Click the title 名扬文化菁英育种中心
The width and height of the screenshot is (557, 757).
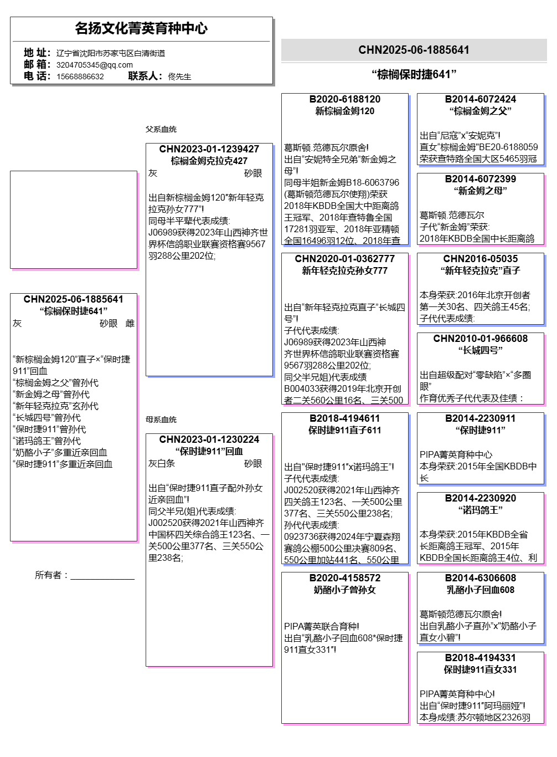click(x=141, y=28)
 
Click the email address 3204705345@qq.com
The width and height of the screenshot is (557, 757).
click(x=94, y=65)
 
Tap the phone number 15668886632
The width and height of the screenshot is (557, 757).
click(x=80, y=76)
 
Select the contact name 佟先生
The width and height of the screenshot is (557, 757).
click(x=179, y=76)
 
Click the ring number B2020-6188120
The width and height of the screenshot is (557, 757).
click(x=344, y=99)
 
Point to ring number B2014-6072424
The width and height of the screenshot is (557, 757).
click(x=480, y=99)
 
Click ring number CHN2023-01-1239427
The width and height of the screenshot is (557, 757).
click(x=209, y=149)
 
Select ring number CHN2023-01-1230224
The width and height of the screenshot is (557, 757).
click(x=209, y=439)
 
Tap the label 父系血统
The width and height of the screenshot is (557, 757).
click(x=161, y=129)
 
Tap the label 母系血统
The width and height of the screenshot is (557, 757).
click(x=161, y=420)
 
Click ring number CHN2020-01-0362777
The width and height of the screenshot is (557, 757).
click(x=344, y=259)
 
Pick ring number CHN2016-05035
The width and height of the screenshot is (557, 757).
click(x=480, y=259)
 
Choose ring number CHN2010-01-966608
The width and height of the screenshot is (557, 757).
click(x=480, y=339)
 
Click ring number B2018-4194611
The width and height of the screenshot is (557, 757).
click(x=344, y=418)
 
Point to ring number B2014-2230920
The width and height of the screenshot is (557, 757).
click(x=480, y=498)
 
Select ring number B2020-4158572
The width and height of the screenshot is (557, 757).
click(x=344, y=578)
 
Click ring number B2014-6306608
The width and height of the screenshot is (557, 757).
click(x=480, y=578)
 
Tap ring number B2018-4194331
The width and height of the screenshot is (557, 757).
click(x=480, y=658)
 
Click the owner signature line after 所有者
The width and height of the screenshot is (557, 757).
click(x=102, y=576)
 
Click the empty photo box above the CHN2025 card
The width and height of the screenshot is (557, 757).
click(x=74, y=219)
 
